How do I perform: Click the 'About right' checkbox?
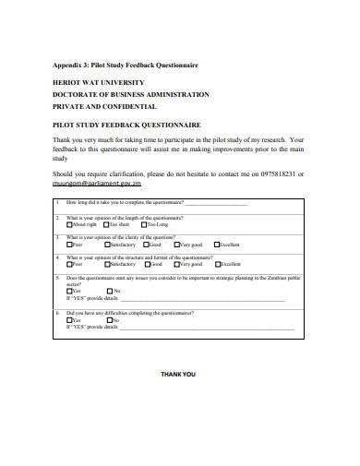tap(70, 224)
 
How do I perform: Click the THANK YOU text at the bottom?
tap(178, 375)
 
